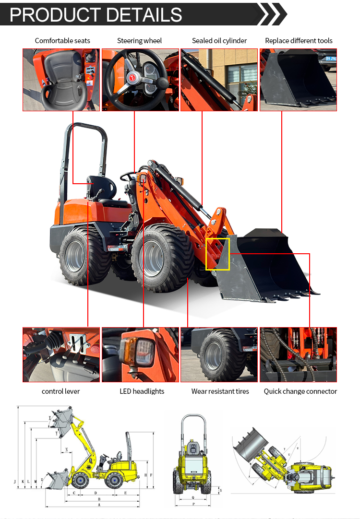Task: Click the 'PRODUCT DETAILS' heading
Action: click(96, 14)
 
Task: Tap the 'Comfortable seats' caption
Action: click(62, 41)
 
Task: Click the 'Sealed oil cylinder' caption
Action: click(219, 41)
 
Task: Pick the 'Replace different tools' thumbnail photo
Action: click(298, 80)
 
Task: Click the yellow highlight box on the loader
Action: click(217, 254)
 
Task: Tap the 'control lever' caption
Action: click(61, 391)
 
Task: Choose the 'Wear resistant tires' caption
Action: click(220, 391)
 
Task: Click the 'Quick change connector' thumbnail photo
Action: click(298, 354)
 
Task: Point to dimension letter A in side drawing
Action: click(99, 505)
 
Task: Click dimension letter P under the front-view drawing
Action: click(193, 505)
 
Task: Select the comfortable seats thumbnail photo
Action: click(61, 80)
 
